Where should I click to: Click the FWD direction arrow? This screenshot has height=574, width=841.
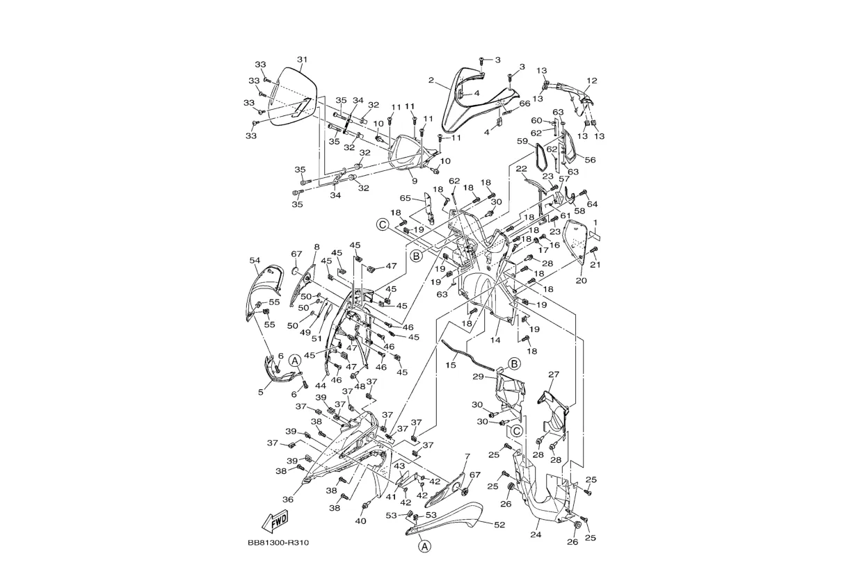pos(275,521)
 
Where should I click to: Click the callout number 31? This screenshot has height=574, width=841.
pos(302,59)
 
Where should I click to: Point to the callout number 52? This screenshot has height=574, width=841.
pos(499,525)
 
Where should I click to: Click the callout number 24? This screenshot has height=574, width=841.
pos(536,534)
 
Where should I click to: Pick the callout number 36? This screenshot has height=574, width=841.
pos(288,500)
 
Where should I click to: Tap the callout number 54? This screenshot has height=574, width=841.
pos(255,260)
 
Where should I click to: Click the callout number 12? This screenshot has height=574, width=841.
pos(592,81)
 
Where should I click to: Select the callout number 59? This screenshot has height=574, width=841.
pos(522,141)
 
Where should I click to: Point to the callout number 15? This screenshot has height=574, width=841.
pos(451,365)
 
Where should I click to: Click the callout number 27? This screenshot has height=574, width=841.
pos(554,374)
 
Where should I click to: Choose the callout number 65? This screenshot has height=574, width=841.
pos(406,198)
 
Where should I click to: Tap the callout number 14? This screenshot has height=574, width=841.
pos(495,341)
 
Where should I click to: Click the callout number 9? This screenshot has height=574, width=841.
pos(414,181)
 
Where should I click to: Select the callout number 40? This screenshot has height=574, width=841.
pos(360,521)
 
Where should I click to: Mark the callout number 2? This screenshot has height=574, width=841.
pos(431,80)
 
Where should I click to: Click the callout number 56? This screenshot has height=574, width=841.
pos(590,160)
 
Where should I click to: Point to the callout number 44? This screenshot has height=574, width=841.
pos(321,385)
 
